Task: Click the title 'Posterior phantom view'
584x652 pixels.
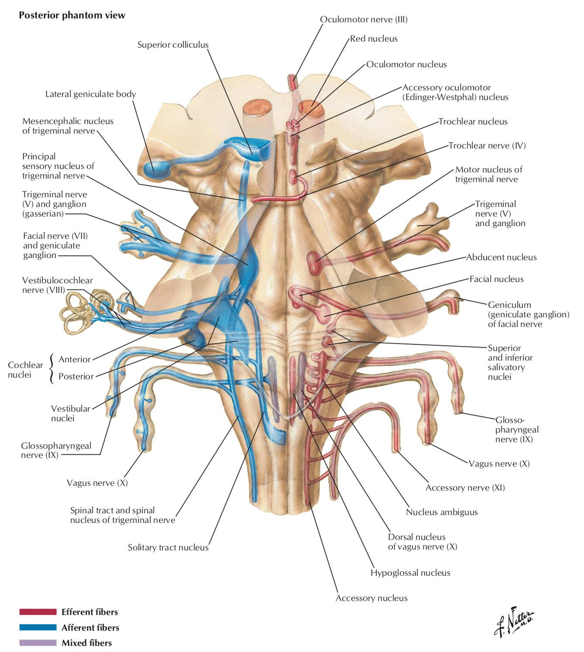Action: (72, 15)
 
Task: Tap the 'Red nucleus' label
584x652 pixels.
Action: (374, 39)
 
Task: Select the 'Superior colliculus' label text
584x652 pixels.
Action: (173, 45)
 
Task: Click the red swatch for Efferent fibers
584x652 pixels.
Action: (38, 612)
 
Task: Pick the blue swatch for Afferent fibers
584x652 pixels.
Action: (38, 628)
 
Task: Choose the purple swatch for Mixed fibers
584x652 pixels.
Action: (38, 643)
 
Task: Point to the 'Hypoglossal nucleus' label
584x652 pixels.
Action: (410, 573)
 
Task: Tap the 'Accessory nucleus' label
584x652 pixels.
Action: (371, 598)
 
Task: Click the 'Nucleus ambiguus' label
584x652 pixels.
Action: (442, 512)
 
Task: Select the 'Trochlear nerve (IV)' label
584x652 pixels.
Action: (487, 145)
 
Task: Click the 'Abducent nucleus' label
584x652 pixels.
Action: (501, 257)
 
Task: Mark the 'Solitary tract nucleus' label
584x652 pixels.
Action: (168, 547)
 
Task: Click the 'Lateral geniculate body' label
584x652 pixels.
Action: (91, 94)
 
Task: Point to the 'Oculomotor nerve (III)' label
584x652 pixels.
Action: (364, 19)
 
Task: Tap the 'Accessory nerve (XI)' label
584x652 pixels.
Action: (465, 487)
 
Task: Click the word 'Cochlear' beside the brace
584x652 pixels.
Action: (25, 365)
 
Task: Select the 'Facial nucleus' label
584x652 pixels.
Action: (496, 279)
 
